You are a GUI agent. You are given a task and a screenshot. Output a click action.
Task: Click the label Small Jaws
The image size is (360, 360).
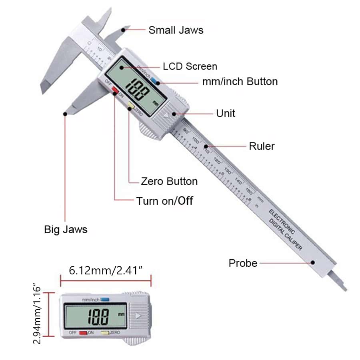(x=176, y=30)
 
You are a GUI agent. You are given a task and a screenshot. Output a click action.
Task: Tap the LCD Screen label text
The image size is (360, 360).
(x=190, y=66)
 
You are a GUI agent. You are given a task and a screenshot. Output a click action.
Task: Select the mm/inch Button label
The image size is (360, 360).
(x=240, y=82)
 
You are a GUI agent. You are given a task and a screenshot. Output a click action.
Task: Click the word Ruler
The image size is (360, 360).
(x=262, y=146)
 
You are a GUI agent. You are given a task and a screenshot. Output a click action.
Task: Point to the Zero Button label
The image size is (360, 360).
(x=169, y=181)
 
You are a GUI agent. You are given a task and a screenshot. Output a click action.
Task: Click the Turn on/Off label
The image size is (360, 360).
(x=164, y=200)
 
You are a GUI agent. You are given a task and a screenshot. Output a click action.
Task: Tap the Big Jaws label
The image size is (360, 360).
(x=66, y=230)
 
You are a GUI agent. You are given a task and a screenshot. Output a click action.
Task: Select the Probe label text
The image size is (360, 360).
(x=243, y=263)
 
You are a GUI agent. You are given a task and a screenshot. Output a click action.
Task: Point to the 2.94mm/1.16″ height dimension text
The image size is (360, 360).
(x=37, y=314)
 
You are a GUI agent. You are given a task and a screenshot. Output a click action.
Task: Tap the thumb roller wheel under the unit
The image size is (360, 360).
(x=152, y=130)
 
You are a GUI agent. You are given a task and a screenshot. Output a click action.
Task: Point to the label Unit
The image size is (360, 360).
(x=226, y=113)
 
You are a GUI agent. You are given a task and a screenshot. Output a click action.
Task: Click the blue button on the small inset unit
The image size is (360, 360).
(x=105, y=299)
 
